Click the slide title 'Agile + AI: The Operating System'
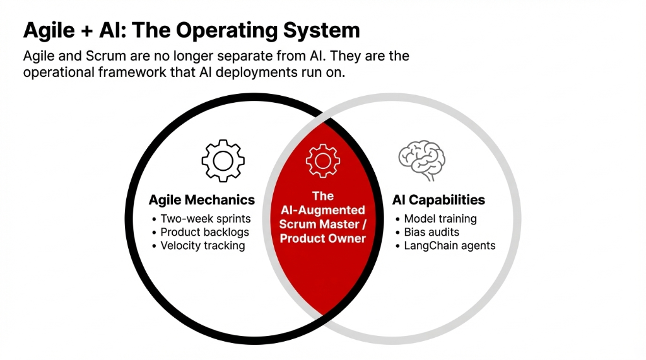tap(191, 30)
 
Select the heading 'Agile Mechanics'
tap(201, 200)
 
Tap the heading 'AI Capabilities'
tap(438, 200)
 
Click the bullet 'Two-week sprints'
tap(205, 219)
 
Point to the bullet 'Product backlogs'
tap(204, 232)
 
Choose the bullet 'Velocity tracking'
tap(203, 245)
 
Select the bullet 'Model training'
tap(440, 219)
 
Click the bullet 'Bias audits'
tap(432, 232)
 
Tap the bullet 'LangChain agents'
tap(449, 245)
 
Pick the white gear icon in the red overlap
tap(322, 160)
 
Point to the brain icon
tap(421, 160)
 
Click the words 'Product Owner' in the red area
tap(322, 238)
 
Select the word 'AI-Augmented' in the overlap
tap(322, 210)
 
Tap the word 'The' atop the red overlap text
tap(322, 196)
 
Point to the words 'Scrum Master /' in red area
tap(322, 224)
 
